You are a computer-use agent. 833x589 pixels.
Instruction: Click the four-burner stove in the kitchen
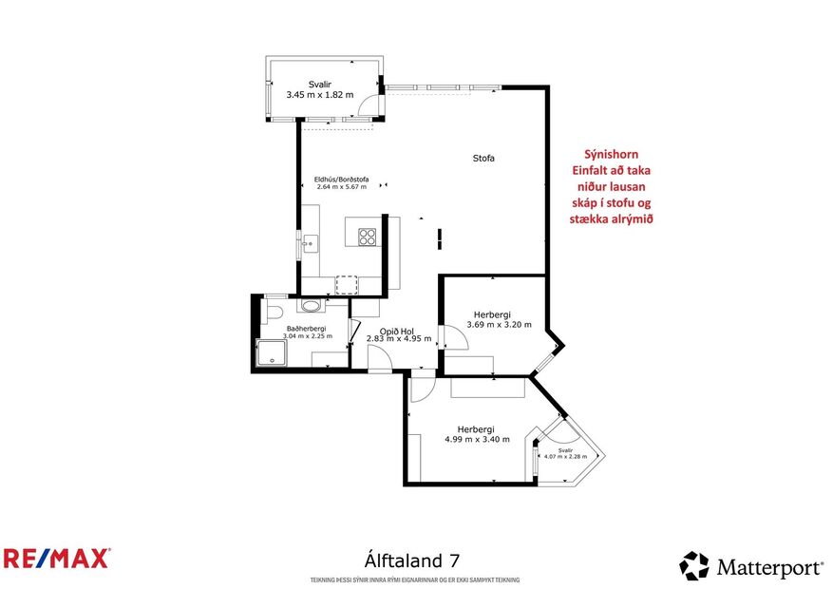click(x=367, y=237)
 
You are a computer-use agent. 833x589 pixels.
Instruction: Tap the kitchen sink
click(x=308, y=243)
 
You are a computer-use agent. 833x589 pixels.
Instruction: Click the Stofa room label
click(x=483, y=159)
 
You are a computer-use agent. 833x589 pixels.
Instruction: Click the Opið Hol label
click(x=398, y=330)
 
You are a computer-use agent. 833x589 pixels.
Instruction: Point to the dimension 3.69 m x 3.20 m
click(x=498, y=326)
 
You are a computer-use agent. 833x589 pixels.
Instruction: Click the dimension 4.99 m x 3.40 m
click(x=477, y=439)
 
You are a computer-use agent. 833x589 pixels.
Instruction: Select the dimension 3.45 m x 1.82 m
click(x=319, y=94)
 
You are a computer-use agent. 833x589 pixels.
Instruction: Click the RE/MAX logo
click(x=57, y=558)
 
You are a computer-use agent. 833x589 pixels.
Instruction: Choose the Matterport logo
click(x=750, y=567)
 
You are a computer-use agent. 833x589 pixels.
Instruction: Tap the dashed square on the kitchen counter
click(x=347, y=284)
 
